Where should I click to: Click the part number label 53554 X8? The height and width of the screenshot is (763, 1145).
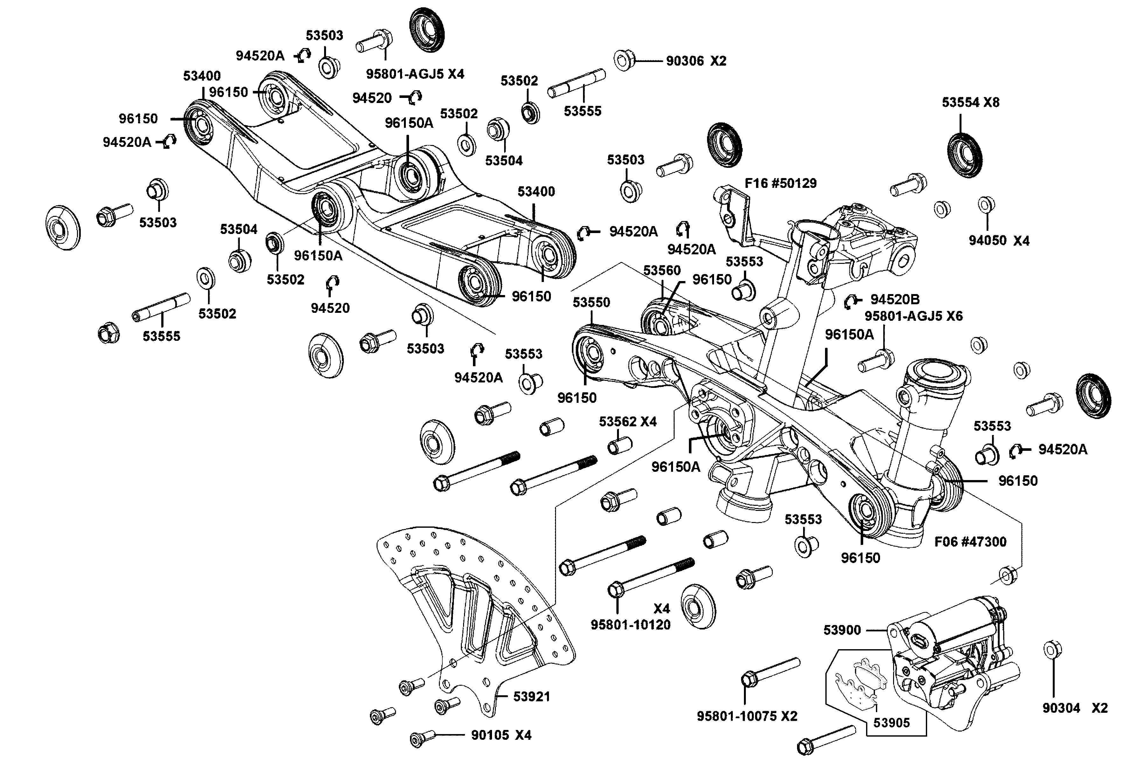tap(970, 102)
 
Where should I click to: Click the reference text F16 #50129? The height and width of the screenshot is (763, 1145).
tap(781, 183)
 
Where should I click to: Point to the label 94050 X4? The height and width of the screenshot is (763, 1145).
tap(999, 240)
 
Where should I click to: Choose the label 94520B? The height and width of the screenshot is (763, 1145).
tap(895, 299)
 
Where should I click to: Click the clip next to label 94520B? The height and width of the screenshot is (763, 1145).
tap(851, 302)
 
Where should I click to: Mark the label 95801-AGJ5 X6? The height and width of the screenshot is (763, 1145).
tap(913, 316)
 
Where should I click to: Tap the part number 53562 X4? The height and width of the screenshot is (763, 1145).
tap(628, 422)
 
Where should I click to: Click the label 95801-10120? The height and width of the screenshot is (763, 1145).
tap(630, 625)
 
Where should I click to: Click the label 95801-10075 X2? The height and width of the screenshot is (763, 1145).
tap(747, 716)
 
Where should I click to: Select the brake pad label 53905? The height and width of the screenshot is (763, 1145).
tap(892, 723)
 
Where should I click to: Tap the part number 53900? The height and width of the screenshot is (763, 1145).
tap(842, 630)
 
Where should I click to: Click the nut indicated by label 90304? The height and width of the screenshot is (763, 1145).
tap(1052, 650)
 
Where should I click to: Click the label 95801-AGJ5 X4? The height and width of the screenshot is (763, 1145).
tap(415, 74)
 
